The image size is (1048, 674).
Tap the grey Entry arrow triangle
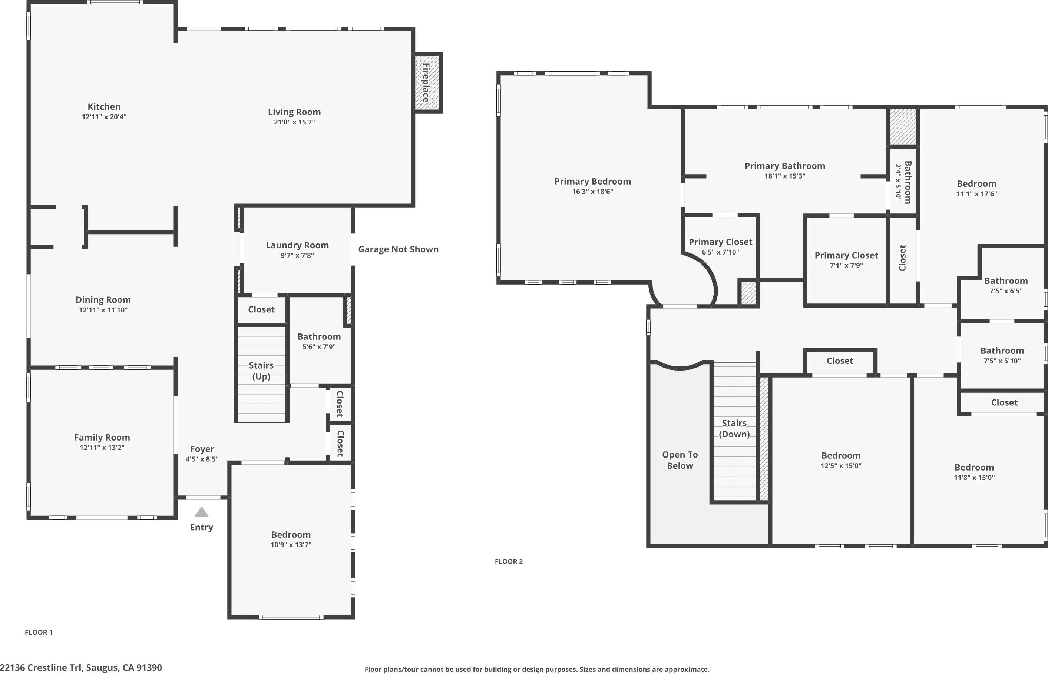[201, 512]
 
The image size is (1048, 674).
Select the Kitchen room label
[104, 106]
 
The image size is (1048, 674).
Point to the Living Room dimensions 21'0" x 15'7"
[294, 122]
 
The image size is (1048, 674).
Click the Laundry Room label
[297, 245]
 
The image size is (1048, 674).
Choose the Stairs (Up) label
[261, 371]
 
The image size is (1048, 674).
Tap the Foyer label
[202, 449]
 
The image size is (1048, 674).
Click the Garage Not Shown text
[399, 249]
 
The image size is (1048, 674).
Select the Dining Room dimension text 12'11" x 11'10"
[103, 310]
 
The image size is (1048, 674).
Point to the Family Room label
[102, 437]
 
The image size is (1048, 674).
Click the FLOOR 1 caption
[39, 632]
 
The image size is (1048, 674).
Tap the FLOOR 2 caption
[509, 561]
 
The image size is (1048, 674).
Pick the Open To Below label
[680, 460]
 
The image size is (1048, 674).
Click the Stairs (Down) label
[734, 428]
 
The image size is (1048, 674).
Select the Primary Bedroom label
[593, 181]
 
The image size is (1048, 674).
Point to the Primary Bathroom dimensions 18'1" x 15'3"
[785, 176]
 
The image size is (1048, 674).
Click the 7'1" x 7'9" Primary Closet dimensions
[846, 265]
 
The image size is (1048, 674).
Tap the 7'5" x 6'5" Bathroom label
[1006, 280]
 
